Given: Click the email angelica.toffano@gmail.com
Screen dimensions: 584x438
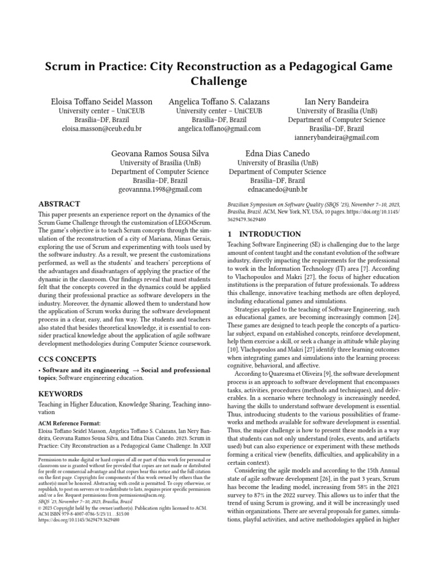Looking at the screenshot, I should point(219,129).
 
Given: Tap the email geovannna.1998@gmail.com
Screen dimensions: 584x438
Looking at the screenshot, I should point(160,189).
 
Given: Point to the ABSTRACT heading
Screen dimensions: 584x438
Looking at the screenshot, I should point(59,204).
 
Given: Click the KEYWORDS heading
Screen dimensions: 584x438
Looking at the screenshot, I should point(60,394).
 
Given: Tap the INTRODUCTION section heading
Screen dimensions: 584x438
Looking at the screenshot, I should point(264,234).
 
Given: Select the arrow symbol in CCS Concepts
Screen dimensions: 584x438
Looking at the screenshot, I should point(138,370).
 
